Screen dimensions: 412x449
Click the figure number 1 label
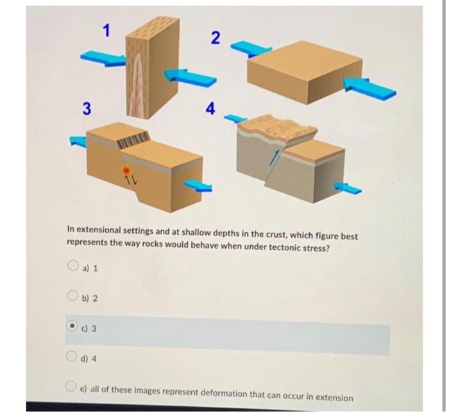coord(108,29)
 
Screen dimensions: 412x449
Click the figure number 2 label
coord(216,38)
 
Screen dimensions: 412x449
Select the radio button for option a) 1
coord(72,266)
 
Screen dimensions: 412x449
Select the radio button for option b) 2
coord(72,297)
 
